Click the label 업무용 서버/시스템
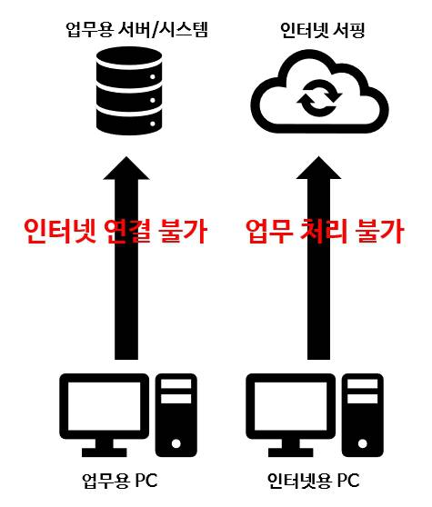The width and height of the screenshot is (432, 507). pyautogui.click(x=137, y=30)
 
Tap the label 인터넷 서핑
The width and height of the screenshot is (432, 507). pyautogui.click(x=323, y=30)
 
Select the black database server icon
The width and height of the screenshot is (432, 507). pyautogui.click(x=129, y=91)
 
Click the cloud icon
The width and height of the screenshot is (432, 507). pyautogui.click(x=320, y=92)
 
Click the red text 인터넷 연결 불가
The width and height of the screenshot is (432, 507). pyautogui.click(x=116, y=231)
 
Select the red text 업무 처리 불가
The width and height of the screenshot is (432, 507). pyautogui.click(x=325, y=231)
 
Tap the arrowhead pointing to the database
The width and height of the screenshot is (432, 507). pyautogui.click(x=126, y=168)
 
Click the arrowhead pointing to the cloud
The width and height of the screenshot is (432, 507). pyautogui.click(x=318, y=168)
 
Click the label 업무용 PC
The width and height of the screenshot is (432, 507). pyautogui.click(x=120, y=481)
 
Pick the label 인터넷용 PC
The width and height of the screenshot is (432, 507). pyautogui.click(x=313, y=481)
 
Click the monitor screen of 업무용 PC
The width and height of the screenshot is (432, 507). pyautogui.click(x=105, y=406)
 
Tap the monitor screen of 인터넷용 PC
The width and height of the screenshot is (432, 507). pyautogui.click(x=291, y=406)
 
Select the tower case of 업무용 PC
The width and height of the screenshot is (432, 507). pyautogui.click(x=176, y=415)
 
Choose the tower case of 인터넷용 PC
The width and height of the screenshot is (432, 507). pyautogui.click(x=363, y=415)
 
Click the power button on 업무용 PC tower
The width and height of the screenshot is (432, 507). pyautogui.click(x=176, y=443)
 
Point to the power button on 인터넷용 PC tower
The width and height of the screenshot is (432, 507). pyautogui.click(x=363, y=443)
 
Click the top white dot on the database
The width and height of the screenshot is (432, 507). pyautogui.click(x=153, y=77)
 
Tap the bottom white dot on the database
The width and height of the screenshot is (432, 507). pyautogui.click(x=153, y=124)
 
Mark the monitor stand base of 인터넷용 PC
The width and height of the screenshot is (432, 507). pyautogui.click(x=291, y=452)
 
